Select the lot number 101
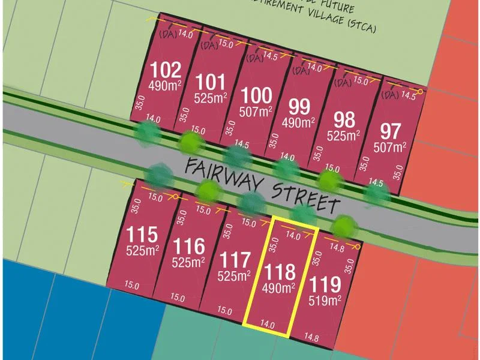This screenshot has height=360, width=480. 211,81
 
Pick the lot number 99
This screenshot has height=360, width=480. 299,107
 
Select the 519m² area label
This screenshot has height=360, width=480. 326,299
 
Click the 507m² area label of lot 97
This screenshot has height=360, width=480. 390,146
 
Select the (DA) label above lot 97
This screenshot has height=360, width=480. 390,95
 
